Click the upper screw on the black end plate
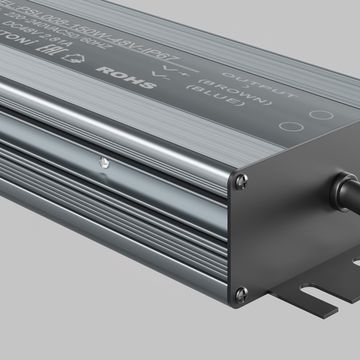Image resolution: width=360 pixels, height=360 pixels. [x=241, y=179]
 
